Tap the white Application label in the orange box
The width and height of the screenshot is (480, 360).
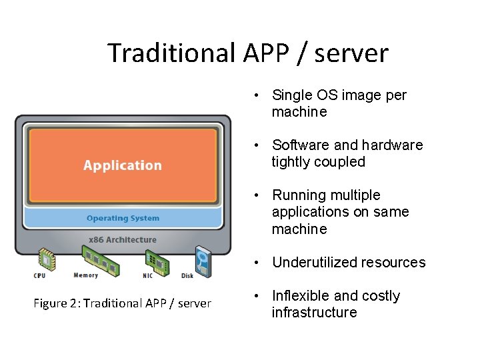click(123, 165)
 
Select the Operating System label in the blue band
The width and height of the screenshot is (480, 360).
click(123, 218)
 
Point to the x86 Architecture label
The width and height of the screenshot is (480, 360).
click(123, 239)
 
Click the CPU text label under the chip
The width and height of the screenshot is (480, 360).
click(40, 276)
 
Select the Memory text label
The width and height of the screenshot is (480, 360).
click(86, 275)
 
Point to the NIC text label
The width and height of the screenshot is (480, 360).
click(147, 276)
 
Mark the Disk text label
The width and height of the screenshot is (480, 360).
click(187, 276)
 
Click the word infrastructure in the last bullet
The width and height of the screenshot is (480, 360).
click(314, 313)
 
